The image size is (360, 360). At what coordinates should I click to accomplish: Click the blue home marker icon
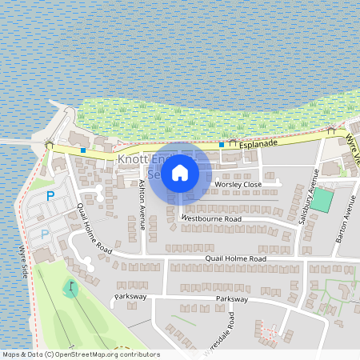(x=180, y=172)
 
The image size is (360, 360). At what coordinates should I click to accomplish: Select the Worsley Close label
(x=238, y=185)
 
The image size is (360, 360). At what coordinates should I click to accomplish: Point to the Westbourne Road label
(x=211, y=218)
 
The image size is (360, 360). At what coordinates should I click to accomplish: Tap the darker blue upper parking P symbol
(x=50, y=195)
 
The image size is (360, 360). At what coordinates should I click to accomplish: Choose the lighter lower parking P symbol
(x=45, y=234)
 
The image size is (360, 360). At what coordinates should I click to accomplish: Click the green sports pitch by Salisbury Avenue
(x=322, y=199)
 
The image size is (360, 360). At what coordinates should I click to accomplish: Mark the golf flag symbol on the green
(x=71, y=286)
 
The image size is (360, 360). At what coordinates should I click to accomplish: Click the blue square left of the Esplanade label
(x=222, y=144)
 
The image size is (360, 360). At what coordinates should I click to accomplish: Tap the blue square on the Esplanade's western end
(x=83, y=150)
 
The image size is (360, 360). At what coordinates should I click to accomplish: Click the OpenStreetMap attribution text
(x=81, y=354)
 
